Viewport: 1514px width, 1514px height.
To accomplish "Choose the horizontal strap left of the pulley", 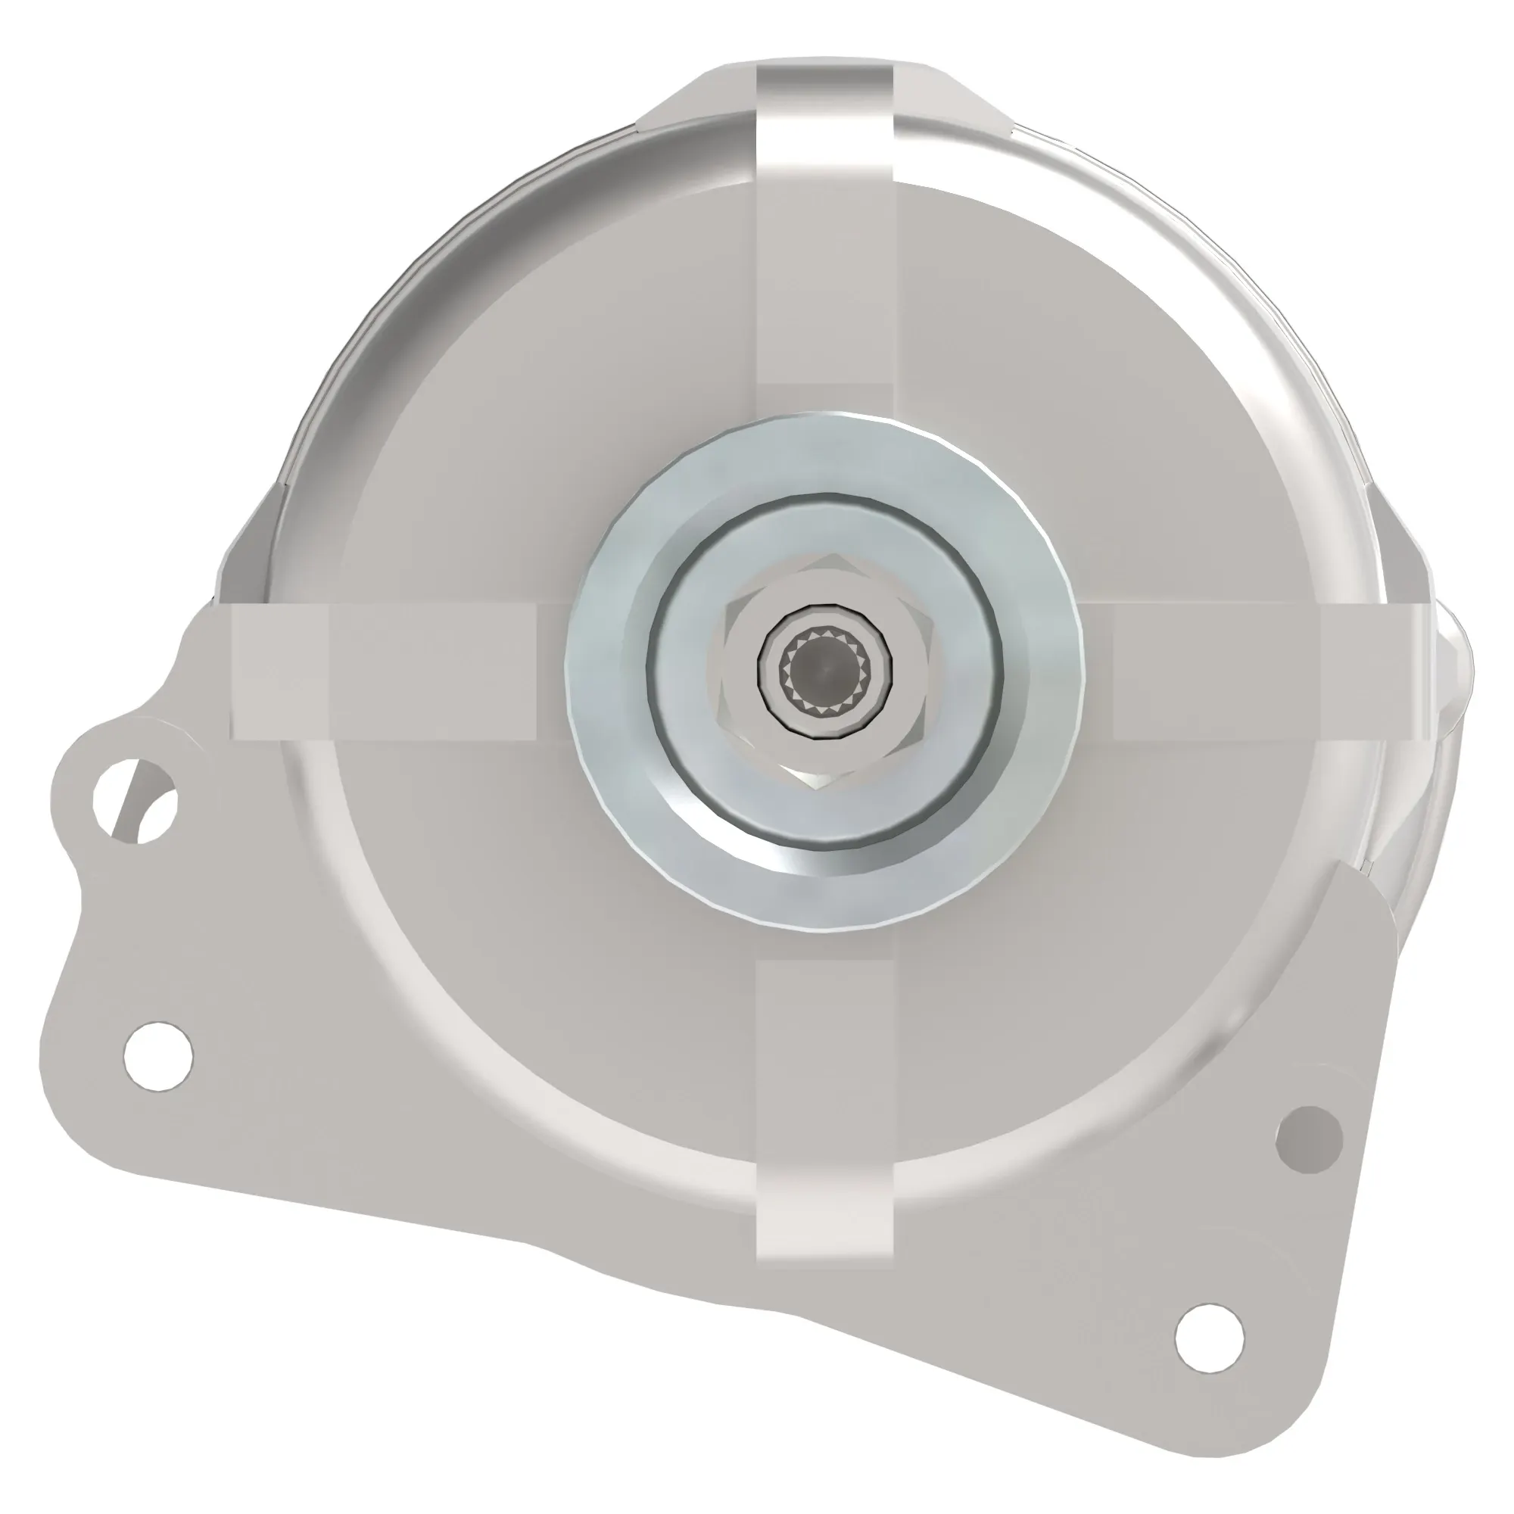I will tap(392, 671).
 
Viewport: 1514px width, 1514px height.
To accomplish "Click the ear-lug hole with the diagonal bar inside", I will tap(135, 801).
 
